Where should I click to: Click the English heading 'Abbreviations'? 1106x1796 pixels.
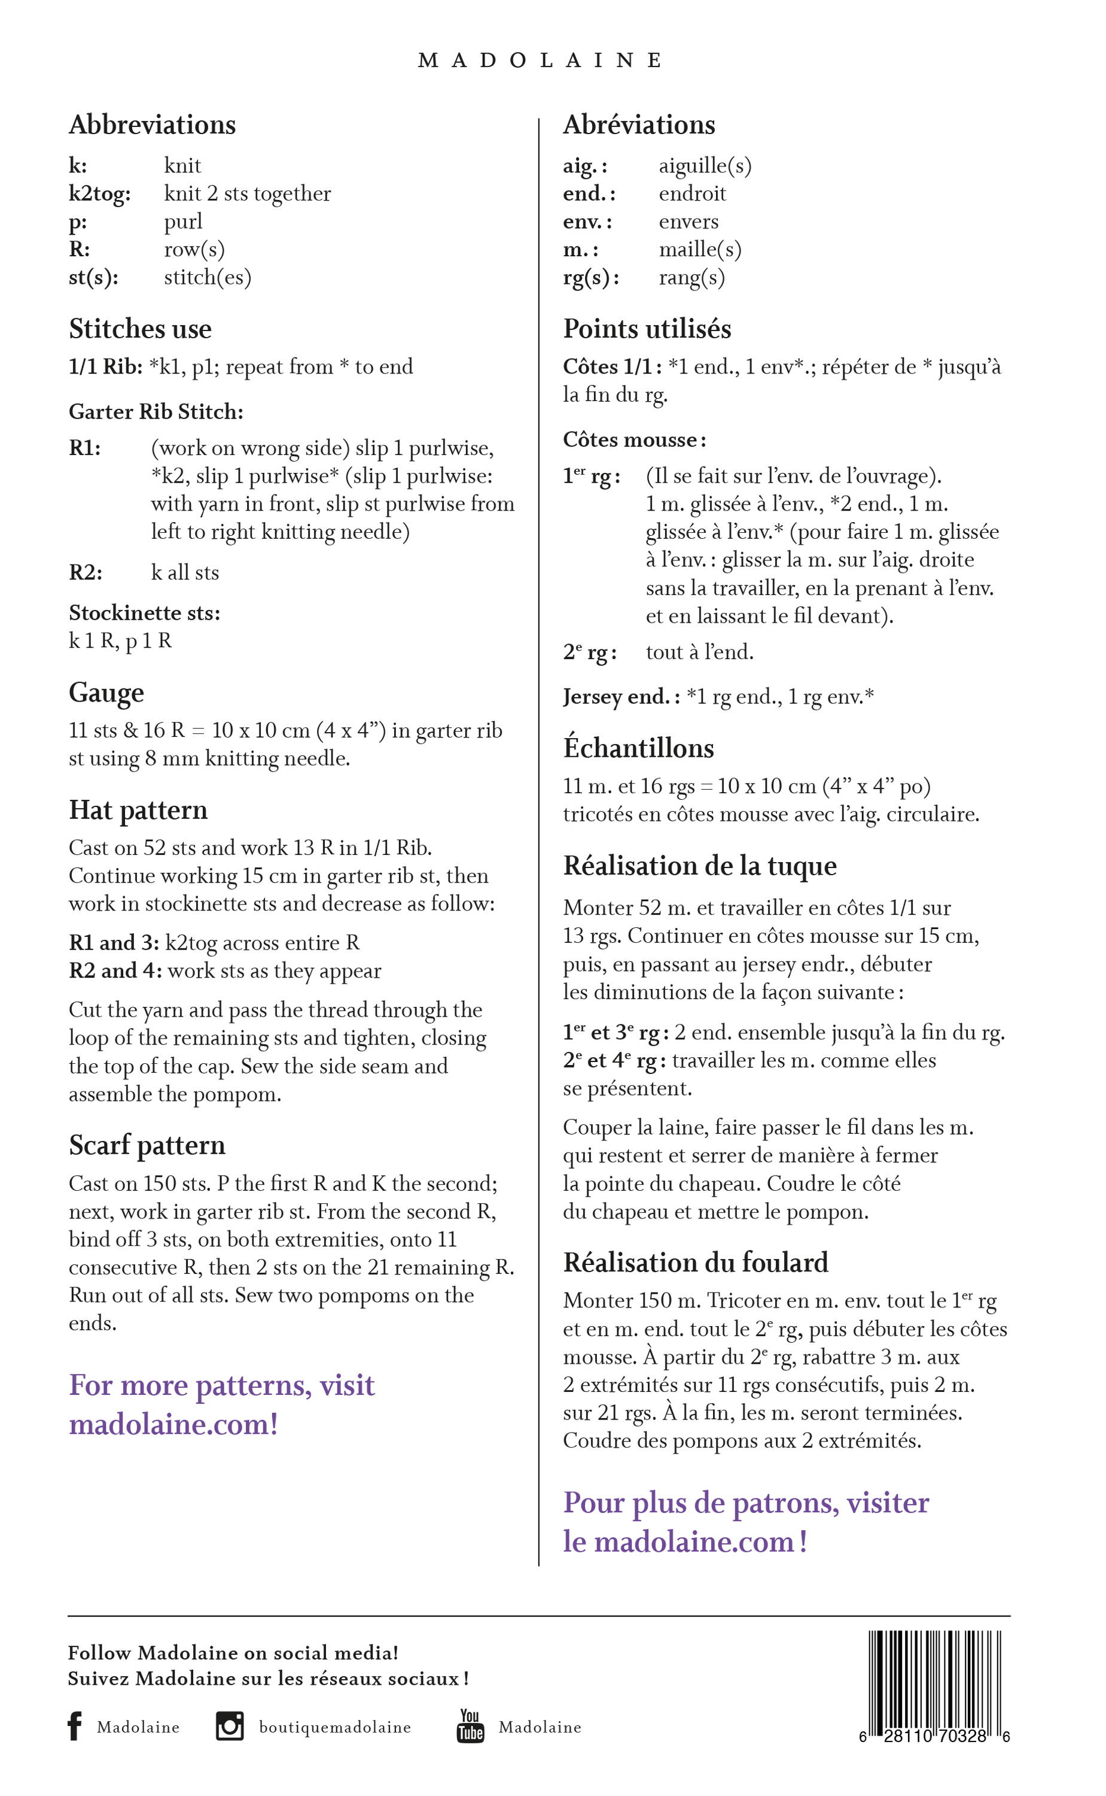click(x=152, y=125)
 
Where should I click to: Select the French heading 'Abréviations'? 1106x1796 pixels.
click(x=639, y=125)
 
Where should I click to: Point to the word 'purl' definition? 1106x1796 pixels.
click(x=183, y=222)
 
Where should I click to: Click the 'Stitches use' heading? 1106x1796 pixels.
click(x=140, y=329)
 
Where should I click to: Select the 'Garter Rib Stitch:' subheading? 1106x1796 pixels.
click(x=156, y=412)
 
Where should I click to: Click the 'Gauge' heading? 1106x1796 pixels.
click(x=106, y=692)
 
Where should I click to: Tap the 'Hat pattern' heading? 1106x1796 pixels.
click(x=138, y=810)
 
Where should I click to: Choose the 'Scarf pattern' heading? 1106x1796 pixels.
click(x=147, y=1145)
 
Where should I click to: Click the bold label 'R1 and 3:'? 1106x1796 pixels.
click(x=114, y=943)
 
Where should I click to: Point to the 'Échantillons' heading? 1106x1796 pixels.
click(x=638, y=748)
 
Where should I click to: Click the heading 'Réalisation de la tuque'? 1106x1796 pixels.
click(x=699, y=866)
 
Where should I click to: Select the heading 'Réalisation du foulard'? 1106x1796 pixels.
click(x=696, y=1263)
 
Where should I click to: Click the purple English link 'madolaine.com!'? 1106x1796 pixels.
click(x=173, y=1424)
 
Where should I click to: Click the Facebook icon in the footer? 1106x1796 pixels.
click(x=74, y=1727)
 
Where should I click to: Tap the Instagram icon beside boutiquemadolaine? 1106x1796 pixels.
click(x=230, y=1727)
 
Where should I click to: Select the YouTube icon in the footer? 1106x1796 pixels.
click(x=470, y=1726)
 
